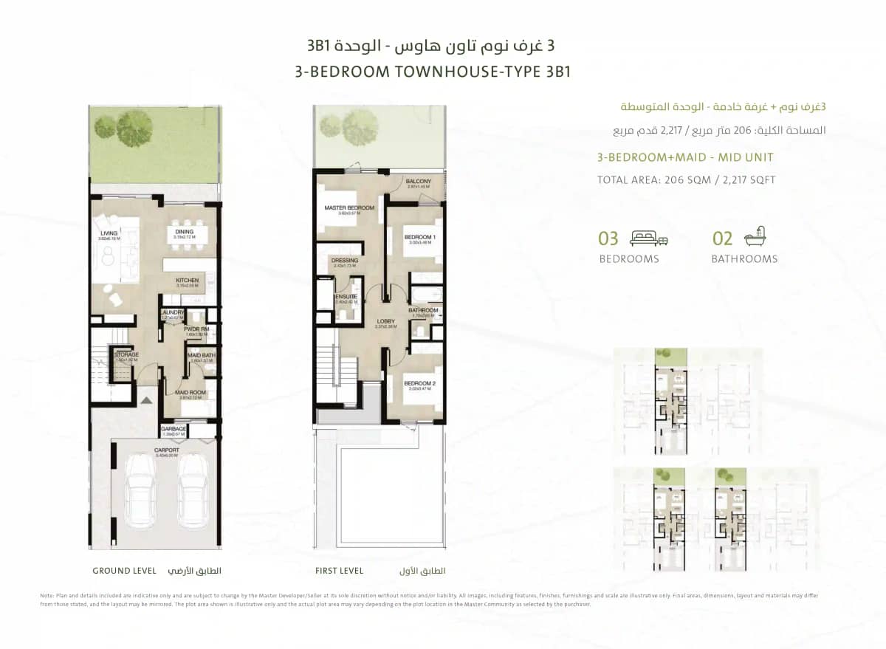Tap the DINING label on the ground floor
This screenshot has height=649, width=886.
tap(184, 232)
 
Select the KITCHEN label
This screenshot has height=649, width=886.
tap(187, 281)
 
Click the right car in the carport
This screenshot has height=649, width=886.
tap(193, 491)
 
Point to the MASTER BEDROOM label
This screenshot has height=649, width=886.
tap(349, 208)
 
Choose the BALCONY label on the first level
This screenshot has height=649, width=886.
tap(419, 181)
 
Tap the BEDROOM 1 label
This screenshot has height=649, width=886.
tap(419, 237)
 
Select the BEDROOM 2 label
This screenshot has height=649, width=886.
tap(419, 383)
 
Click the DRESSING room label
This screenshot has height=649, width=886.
tap(345, 261)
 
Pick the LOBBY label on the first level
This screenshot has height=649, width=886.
tap(385, 321)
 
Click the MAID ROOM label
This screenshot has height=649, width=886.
tap(190, 393)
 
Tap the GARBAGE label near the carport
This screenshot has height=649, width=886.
tap(174, 428)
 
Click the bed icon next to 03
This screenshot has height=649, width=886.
tap(648, 238)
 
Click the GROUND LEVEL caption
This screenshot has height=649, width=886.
tap(124, 571)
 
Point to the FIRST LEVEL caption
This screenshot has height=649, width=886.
tap(340, 571)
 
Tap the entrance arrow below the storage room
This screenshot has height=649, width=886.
tap(147, 399)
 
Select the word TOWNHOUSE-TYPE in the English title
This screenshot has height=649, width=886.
tap(457, 72)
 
